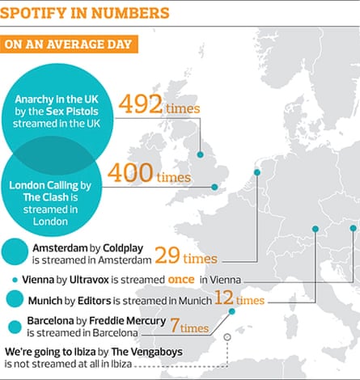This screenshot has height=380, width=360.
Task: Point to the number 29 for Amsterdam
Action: pyautogui.click(x=166, y=255)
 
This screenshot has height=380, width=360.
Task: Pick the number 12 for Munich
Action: pyautogui.click(x=223, y=300)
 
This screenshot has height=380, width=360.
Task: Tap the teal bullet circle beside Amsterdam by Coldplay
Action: pyautogui.click(x=15, y=251)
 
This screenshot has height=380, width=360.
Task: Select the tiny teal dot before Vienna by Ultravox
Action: pyautogui.click(x=14, y=279)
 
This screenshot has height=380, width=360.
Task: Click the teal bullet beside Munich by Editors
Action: pyautogui.click(x=14, y=300)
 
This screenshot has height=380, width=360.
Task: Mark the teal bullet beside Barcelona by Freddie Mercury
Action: pyautogui.click(x=14, y=327)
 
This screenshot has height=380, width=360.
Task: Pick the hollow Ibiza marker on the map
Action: pyautogui.click(x=227, y=336)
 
